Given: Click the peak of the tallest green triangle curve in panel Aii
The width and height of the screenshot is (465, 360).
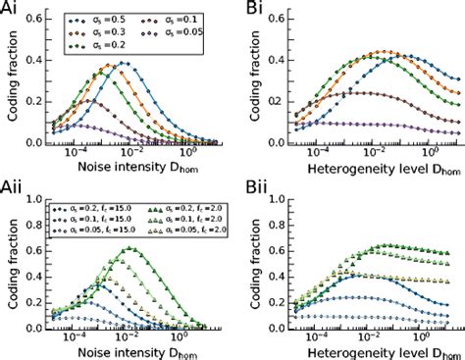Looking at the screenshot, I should point(129,249).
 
